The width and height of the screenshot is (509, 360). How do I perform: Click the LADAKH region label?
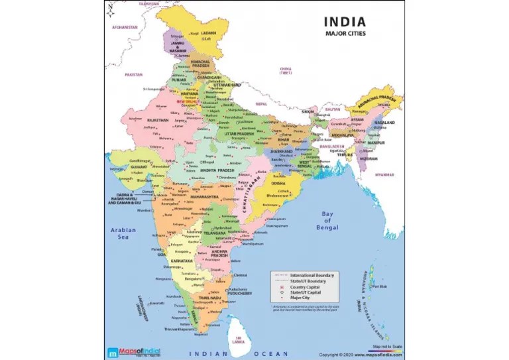pos(209,32)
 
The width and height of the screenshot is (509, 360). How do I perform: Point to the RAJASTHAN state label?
pos(157,120)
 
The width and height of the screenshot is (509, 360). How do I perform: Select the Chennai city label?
pos(240,274)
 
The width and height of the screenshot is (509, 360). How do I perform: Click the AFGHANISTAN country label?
pos(125,27)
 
